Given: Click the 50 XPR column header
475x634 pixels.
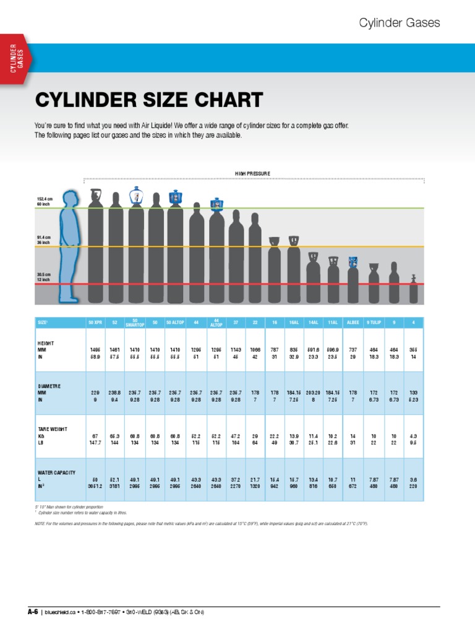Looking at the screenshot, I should click(95, 323).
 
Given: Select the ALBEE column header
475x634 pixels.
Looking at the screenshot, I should click(353, 323).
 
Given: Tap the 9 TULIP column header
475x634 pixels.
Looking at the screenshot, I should click(373, 323).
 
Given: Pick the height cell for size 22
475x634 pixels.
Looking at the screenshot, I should click(254, 352).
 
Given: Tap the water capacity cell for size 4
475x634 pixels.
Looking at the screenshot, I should click(413, 484).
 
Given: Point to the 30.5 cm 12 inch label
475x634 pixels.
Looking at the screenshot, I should click(44, 277).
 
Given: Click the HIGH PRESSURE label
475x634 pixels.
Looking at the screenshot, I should click(252, 173).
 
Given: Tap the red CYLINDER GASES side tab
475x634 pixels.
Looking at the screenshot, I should click(17, 59).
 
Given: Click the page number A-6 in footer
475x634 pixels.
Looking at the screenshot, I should click(33, 612).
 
